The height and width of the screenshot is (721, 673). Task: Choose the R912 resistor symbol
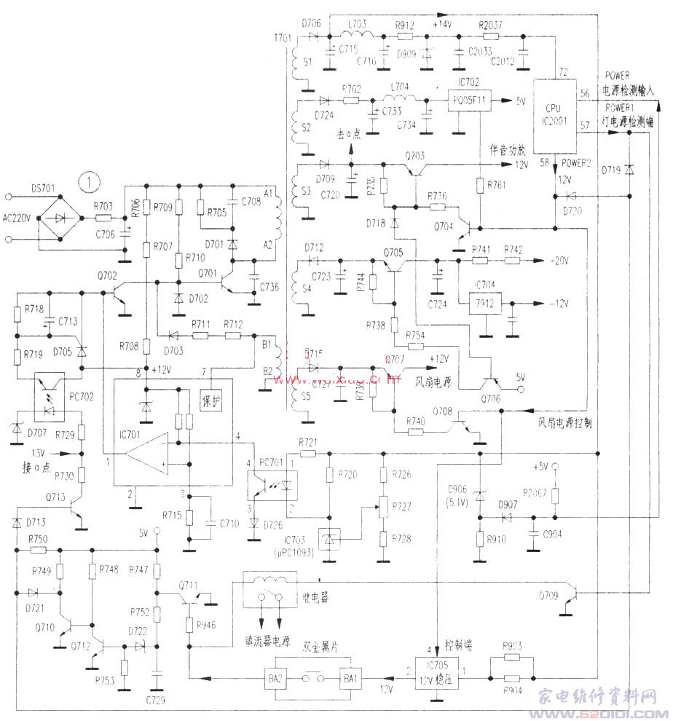click(404, 35)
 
